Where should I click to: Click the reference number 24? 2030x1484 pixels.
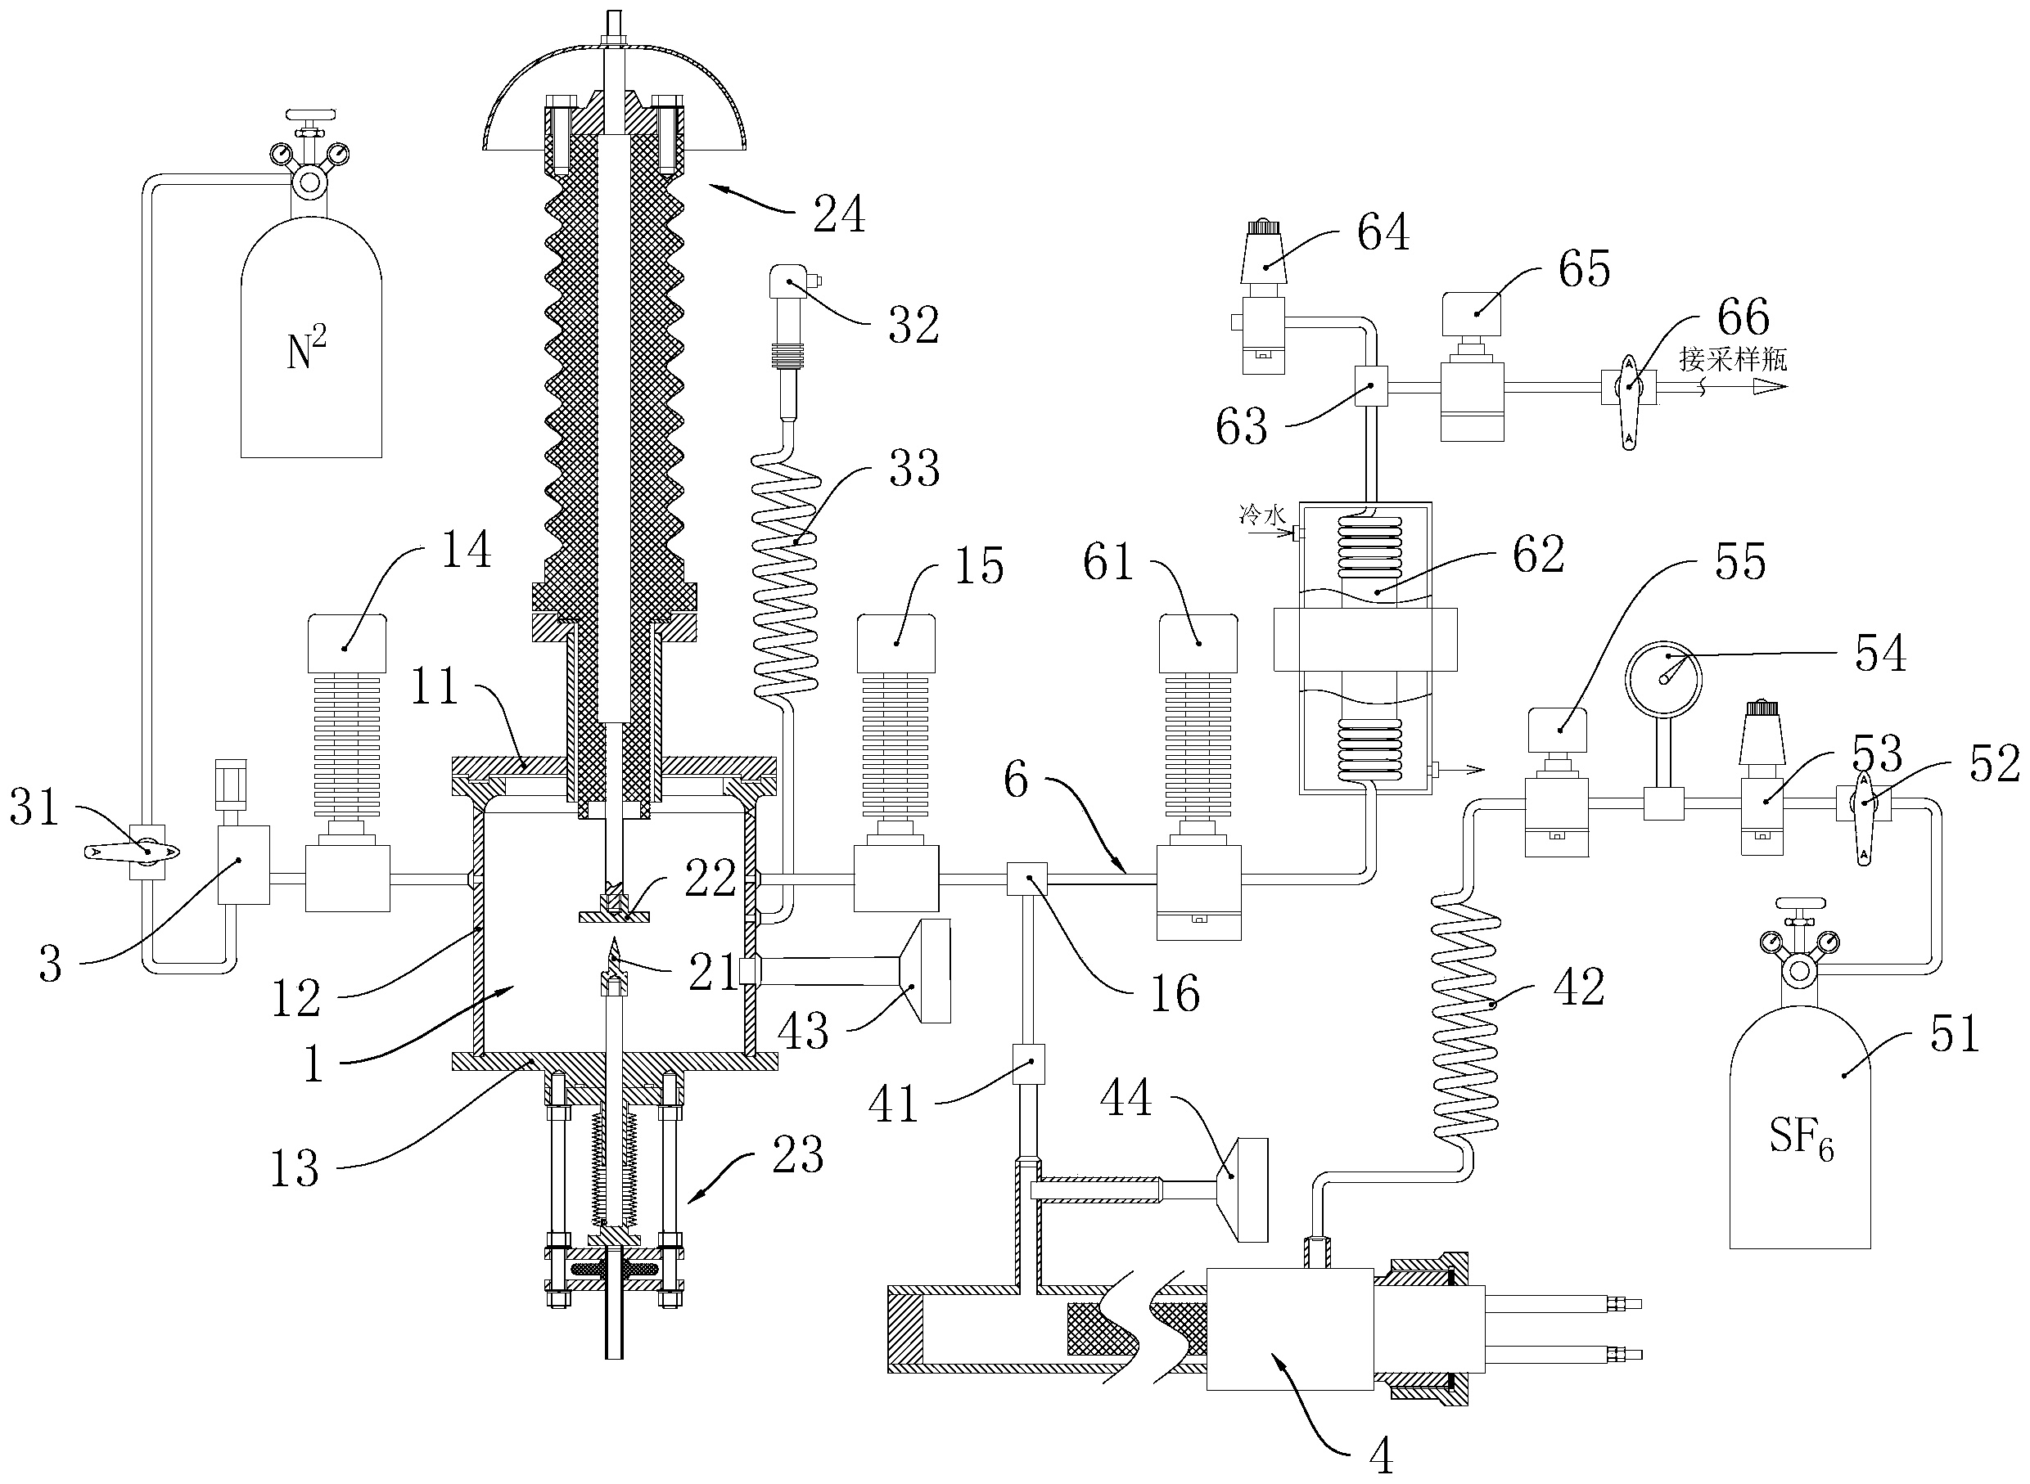pos(839,214)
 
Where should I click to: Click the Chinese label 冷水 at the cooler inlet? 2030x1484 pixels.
pos(1262,515)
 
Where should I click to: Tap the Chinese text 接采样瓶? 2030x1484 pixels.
pos(1734,359)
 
